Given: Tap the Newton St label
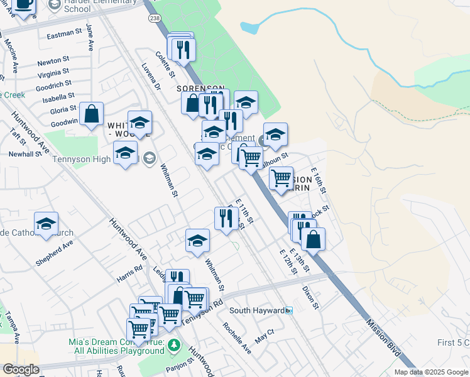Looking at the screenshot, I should [52, 62].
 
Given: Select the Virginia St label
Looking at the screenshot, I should [53, 74].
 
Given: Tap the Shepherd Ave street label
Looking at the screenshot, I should [54, 253].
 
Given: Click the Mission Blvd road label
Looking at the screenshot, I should [384, 339].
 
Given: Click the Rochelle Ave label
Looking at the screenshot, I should [237, 339].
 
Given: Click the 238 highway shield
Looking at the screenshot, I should [155, 19].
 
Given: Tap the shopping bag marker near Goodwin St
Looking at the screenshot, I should [92, 114].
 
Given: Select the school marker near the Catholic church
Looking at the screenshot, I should [46, 224].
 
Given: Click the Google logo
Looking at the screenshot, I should [21, 369].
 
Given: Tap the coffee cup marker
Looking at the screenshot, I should [23, 4].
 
